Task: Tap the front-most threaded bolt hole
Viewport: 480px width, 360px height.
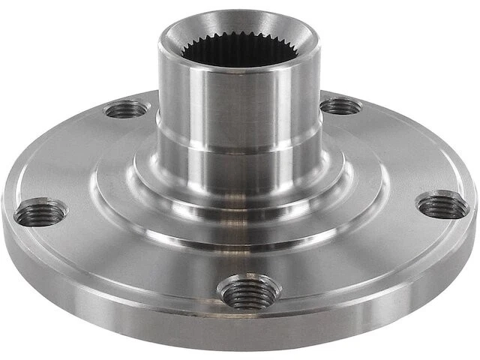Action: point(248,291)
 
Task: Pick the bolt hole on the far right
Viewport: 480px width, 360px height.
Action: point(442,205)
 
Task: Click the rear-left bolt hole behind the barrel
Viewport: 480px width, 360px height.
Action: point(126,109)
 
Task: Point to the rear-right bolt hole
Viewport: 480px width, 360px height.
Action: point(340,106)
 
